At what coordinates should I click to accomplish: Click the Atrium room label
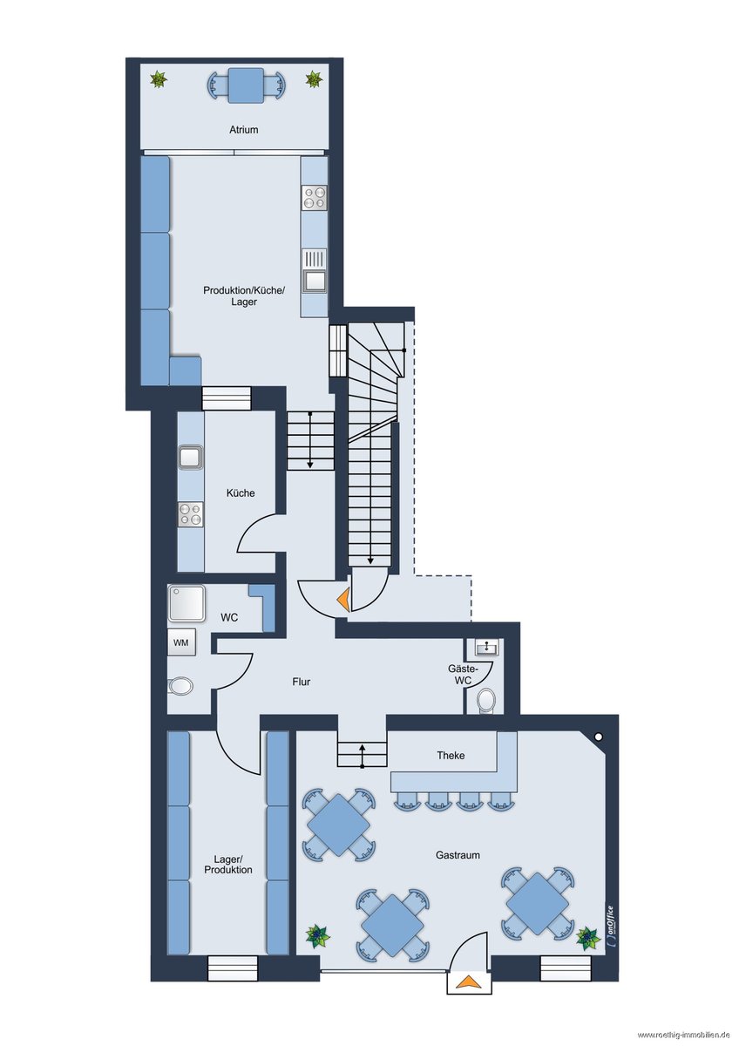[x=244, y=129]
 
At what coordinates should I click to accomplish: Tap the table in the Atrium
[x=246, y=85]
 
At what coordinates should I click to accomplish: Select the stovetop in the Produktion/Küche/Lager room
[x=315, y=197]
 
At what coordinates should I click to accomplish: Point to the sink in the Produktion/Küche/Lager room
[x=315, y=271]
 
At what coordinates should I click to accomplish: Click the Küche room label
[x=241, y=492]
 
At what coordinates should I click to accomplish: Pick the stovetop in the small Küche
[x=191, y=514]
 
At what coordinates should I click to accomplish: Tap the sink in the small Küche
[x=191, y=457]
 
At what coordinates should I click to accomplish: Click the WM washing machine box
[x=181, y=642]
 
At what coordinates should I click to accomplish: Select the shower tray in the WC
[x=186, y=603]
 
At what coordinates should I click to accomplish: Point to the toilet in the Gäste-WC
[x=486, y=699]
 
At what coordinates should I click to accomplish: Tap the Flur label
[x=302, y=682]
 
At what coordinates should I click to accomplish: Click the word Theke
[x=451, y=755]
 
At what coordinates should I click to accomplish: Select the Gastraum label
[x=458, y=855]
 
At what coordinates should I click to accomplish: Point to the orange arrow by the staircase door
[x=343, y=600]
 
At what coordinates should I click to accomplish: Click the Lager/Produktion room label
[x=227, y=865]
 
